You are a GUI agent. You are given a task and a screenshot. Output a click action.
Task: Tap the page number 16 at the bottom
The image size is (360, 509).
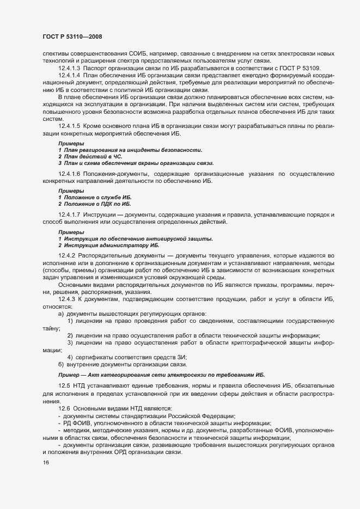[45, 463]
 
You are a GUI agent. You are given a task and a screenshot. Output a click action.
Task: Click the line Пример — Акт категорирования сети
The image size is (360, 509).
[161, 375]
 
